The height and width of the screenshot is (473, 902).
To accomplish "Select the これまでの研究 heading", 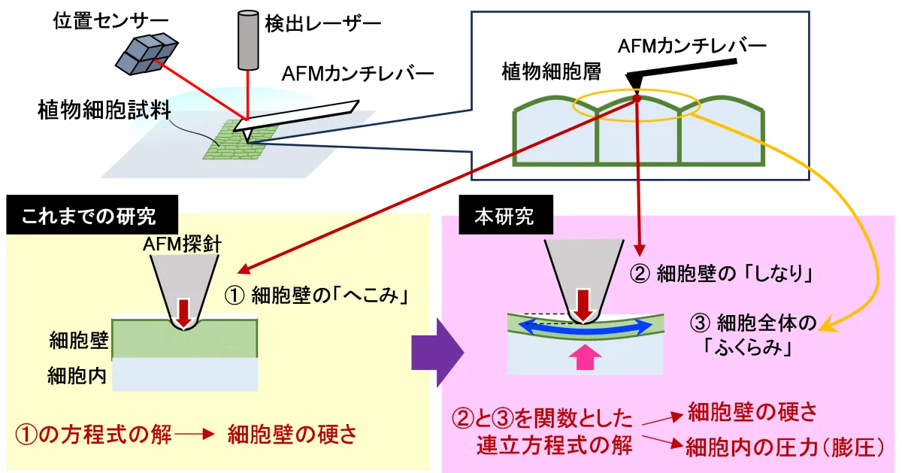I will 89,217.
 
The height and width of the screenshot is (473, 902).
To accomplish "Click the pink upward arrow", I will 588,357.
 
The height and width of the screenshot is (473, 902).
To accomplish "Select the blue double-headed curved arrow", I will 588,326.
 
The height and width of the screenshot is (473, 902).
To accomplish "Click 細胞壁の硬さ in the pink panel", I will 752,411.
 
